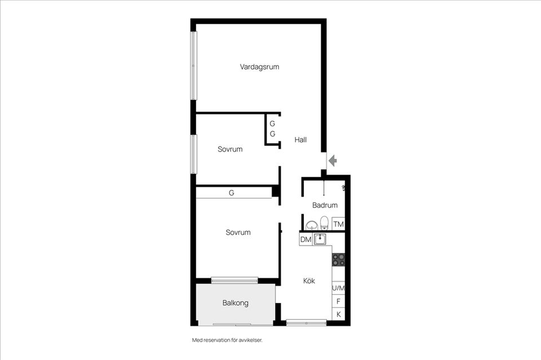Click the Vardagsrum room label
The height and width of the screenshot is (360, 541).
pyautogui.click(x=259, y=67)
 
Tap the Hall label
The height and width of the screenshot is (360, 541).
pyautogui.click(x=300, y=140)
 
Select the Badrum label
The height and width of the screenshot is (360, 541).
pyautogui.click(x=325, y=205)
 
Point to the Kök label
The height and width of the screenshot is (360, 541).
pyautogui.click(x=309, y=281)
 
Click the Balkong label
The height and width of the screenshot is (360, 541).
pyautogui.click(x=236, y=303)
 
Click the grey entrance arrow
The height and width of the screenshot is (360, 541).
pyautogui.click(x=332, y=161)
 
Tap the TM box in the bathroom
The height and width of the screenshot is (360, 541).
pyautogui.click(x=339, y=224)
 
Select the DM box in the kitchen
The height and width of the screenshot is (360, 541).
pyautogui.click(x=305, y=239)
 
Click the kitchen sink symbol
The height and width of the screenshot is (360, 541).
pyautogui.click(x=320, y=239)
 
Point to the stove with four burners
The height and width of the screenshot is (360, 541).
pyautogui.click(x=339, y=260)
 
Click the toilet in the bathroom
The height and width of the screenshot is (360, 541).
pyautogui.click(x=325, y=223)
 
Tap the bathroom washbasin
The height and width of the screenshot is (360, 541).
pyautogui.click(x=312, y=225)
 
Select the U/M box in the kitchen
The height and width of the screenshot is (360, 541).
pyautogui.click(x=339, y=288)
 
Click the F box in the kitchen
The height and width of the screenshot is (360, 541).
pyautogui.click(x=339, y=301)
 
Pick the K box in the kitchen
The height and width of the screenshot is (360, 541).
pyautogui.click(x=339, y=314)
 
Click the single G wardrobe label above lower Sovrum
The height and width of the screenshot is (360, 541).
pyautogui.click(x=232, y=193)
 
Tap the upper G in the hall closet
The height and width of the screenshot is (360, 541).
pyautogui.click(x=272, y=123)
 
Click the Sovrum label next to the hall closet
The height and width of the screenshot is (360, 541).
pyautogui.click(x=230, y=149)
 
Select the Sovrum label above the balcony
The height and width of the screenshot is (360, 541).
pyautogui.click(x=238, y=233)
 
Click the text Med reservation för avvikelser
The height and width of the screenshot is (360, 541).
pyautogui.click(x=227, y=340)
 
